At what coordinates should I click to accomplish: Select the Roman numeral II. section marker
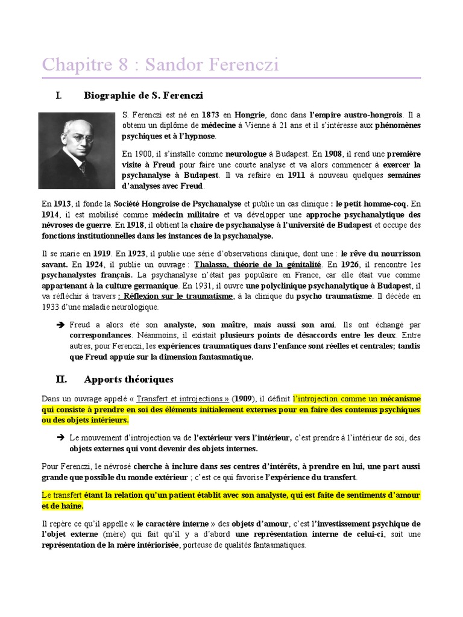click(60, 380)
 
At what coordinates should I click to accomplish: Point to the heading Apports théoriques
click(128, 380)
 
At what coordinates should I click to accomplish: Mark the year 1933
click(51, 308)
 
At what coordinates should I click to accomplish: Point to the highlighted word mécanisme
click(400, 399)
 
